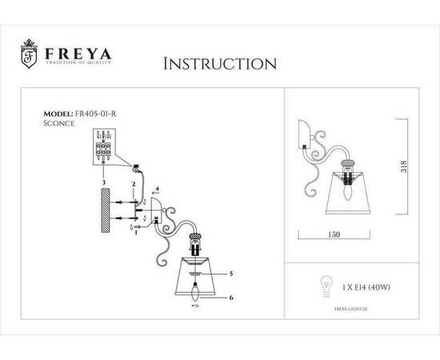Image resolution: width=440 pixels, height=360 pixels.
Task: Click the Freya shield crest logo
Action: point(29,54)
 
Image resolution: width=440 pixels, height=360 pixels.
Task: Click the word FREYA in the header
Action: point(78,54)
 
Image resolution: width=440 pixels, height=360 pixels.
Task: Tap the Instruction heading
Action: point(220,64)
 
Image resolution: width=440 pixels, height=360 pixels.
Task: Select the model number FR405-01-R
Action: point(95,114)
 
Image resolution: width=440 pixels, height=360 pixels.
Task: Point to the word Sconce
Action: point(59,123)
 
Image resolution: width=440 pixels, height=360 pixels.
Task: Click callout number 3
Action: point(103,182)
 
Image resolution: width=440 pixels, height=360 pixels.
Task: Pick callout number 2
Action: point(134,184)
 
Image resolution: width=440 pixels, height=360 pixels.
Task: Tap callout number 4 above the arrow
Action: point(157,189)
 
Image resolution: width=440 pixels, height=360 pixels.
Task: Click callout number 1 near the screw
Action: point(136,232)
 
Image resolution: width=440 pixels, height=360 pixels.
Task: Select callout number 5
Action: point(231,274)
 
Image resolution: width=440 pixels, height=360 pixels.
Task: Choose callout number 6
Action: point(231,298)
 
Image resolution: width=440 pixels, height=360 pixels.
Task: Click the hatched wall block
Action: point(106,210)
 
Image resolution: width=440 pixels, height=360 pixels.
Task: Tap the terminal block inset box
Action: point(104,146)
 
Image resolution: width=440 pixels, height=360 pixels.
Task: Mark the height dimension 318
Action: point(404,166)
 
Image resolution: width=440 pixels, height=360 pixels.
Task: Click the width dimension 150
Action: point(334,234)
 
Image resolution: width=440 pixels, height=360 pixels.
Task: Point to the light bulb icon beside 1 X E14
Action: point(326,286)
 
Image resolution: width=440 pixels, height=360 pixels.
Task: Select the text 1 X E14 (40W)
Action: point(366,287)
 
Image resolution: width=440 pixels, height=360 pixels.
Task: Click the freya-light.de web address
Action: point(351,309)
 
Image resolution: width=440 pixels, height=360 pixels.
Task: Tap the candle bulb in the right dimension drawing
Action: point(348,192)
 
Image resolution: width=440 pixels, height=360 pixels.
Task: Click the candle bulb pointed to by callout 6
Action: point(195,291)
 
